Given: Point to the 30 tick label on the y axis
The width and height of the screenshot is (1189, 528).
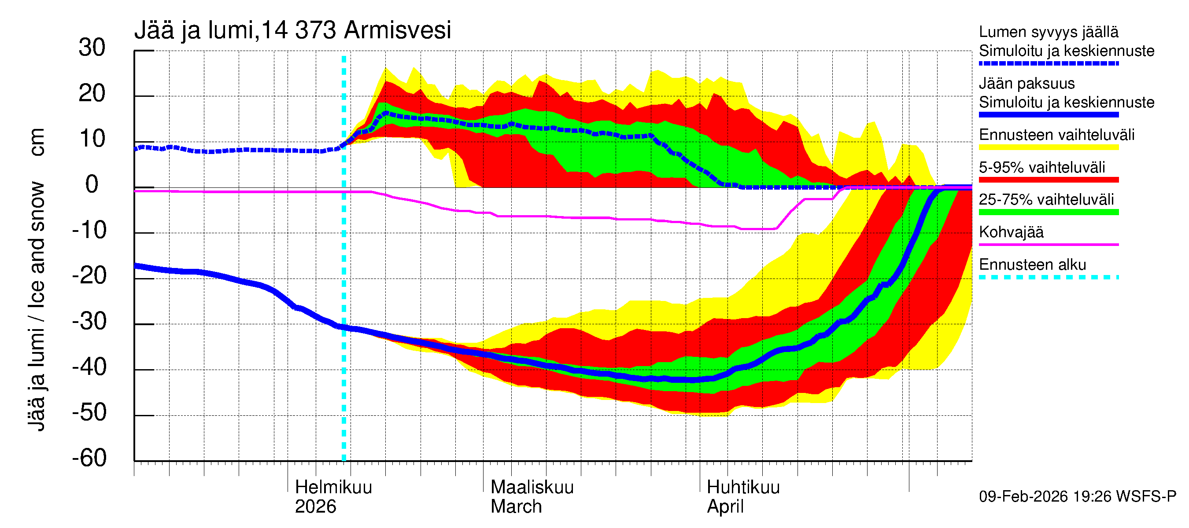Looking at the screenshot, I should pyautogui.click(x=92, y=48).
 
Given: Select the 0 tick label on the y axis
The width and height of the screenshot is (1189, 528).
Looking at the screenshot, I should pyautogui.click(x=92, y=184).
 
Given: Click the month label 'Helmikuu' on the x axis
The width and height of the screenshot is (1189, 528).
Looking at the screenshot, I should pyautogui.click(x=333, y=487).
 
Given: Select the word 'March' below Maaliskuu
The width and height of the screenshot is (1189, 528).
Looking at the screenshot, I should pyautogui.click(x=516, y=506).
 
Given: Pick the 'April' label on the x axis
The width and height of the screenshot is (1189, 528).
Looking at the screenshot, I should pyautogui.click(x=725, y=506).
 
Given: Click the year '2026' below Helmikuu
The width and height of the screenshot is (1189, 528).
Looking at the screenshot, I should pyautogui.click(x=315, y=506).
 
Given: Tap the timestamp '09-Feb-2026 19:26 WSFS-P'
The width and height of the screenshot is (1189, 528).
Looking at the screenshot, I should pyautogui.click(x=1077, y=496).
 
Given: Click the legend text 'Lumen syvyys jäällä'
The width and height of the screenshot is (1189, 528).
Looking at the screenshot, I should pyautogui.click(x=1048, y=32).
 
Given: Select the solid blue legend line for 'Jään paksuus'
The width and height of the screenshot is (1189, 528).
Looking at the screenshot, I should pyautogui.click(x=1048, y=115).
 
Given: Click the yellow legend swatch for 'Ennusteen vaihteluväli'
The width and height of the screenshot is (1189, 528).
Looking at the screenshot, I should pyautogui.click(x=1048, y=147).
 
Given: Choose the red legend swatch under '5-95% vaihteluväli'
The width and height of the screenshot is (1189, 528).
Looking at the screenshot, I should pyautogui.click(x=1048, y=180).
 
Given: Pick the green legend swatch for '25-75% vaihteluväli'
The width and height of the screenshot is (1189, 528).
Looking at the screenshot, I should pyautogui.click(x=1048, y=212).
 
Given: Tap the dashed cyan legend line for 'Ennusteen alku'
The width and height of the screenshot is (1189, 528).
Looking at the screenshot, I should pyautogui.click(x=1048, y=277).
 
